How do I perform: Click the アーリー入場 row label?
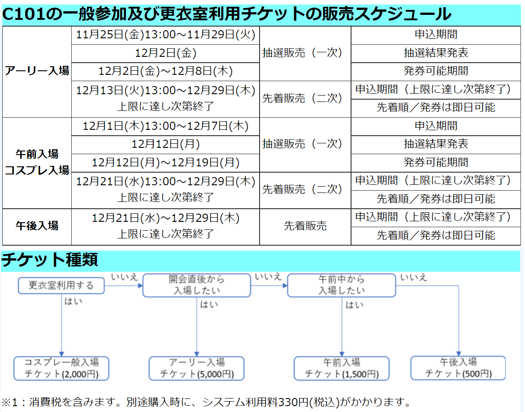(37, 71)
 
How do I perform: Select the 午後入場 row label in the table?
(37, 226)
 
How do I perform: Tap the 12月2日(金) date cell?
(165, 53)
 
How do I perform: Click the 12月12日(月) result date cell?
(165, 144)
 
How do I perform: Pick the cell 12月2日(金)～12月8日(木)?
(165, 71)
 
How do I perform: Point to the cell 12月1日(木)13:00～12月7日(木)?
(165, 126)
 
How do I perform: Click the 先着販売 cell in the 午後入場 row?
(305, 226)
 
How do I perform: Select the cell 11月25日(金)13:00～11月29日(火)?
(165, 35)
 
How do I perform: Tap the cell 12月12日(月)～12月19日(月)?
(165, 162)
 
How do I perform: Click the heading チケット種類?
(50, 260)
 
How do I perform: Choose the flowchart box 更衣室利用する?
(61, 285)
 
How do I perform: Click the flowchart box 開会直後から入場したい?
(196, 285)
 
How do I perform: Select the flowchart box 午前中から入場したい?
(341, 285)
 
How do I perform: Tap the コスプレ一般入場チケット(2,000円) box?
(61, 368)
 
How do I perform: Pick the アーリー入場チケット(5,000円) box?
(196, 368)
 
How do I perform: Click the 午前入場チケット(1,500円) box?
(341, 368)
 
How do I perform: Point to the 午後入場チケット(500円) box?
(458, 367)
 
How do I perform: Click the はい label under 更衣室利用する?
(73, 302)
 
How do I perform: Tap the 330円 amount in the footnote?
(294, 402)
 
